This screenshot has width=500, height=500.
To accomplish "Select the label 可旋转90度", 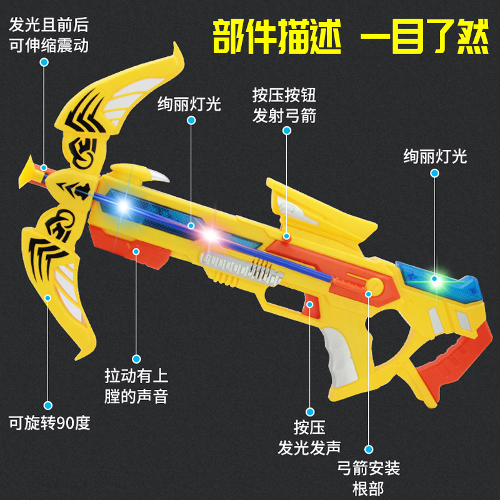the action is pyautogui.click(x=49, y=423).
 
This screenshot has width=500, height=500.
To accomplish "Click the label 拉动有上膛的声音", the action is pyautogui.click(x=136, y=386).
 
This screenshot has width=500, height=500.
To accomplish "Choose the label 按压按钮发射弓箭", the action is pyautogui.click(x=284, y=105).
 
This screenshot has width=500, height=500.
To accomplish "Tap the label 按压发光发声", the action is pyautogui.click(x=309, y=437).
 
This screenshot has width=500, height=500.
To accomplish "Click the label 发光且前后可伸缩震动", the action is pyautogui.click(x=49, y=36).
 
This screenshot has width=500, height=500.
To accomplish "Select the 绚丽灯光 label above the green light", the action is pyautogui.click(x=435, y=156).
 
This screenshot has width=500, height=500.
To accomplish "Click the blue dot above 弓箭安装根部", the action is pyautogui.click(x=369, y=448).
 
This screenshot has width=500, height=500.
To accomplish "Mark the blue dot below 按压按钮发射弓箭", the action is pyautogui.click(x=287, y=130).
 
